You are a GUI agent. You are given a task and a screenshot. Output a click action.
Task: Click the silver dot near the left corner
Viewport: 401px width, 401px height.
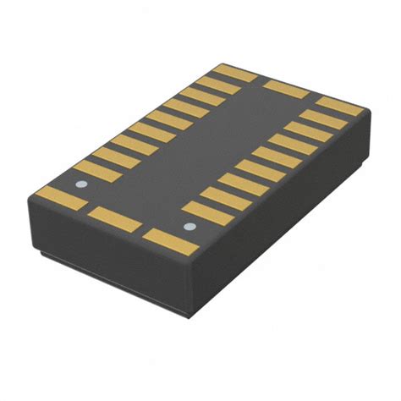tap(82, 184)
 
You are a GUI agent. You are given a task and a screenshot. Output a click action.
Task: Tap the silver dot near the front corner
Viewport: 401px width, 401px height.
tap(190, 226)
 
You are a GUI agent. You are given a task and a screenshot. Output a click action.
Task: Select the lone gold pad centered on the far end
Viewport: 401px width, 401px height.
tap(286, 88)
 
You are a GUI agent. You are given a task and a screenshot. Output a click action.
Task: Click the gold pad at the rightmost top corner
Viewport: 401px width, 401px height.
tap(338, 106)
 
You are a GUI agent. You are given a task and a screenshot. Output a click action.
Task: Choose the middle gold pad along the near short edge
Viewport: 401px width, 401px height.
tap(114, 218)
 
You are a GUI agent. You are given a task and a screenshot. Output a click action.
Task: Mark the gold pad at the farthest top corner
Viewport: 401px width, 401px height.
tap(235, 73)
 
